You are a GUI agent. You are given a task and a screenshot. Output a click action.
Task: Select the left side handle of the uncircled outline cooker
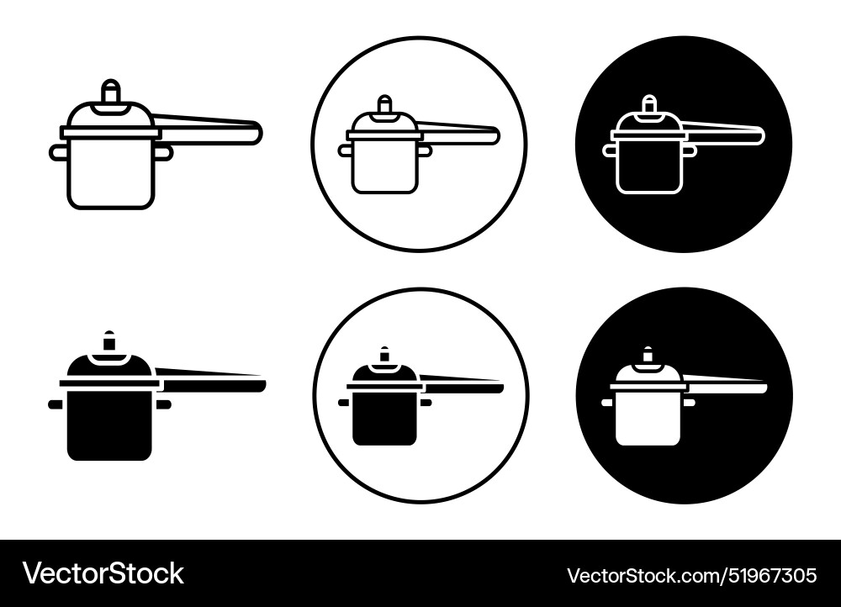[x=58, y=152]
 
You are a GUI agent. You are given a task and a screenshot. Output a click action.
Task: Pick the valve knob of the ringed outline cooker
[x=384, y=104]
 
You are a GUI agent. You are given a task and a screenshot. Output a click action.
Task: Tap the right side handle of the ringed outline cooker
[x=426, y=150]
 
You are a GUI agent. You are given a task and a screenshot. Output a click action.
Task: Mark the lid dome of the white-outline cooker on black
[x=649, y=123]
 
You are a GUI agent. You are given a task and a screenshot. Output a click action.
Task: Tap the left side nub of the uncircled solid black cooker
[x=56, y=404]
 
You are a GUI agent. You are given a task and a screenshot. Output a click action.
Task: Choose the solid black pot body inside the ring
[x=385, y=418]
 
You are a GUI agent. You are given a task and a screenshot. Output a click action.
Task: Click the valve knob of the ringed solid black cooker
[x=384, y=355]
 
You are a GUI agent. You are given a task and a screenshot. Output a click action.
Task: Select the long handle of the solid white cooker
[x=727, y=387]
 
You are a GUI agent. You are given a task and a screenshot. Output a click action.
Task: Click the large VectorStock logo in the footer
[x=103, y=574]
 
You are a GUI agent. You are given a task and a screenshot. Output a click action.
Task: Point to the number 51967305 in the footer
[x=767, y=576]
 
